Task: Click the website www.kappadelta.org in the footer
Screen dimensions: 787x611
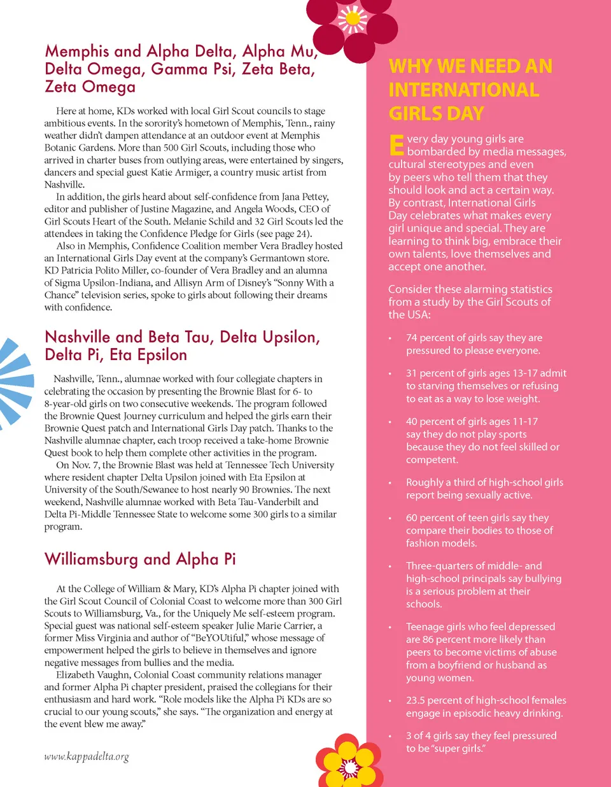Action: coord(87,756)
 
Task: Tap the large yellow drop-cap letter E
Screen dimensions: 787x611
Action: coord(396,144)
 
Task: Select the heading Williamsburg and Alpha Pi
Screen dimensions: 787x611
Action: coord(140,559)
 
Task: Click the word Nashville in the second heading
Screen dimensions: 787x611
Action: coord(78,337)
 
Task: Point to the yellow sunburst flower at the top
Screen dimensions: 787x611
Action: coord(352,19)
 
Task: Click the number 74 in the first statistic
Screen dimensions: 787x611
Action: coord(412,338)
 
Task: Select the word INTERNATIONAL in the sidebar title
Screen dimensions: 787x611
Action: coord(464,90)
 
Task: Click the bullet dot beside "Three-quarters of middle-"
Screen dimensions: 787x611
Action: coord(390,566)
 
